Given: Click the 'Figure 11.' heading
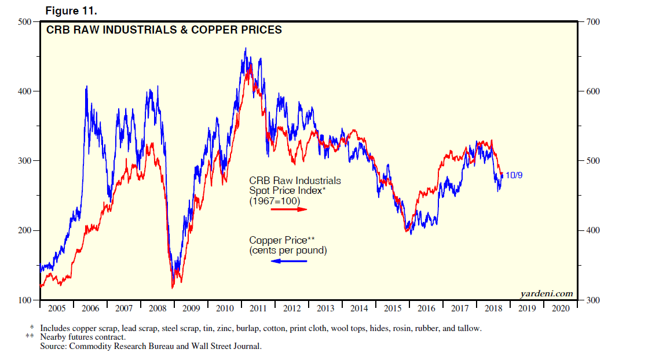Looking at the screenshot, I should pos(65,10).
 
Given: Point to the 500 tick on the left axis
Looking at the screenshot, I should pos(24,22).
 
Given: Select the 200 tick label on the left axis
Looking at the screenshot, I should pos(24,231).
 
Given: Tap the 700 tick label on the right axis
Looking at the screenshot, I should pos(592,22).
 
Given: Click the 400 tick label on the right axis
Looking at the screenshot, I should pos(592,231).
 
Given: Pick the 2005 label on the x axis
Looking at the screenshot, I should pos(56,309).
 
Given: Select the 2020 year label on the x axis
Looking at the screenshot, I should pos(560,309).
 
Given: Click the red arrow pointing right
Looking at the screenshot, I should pos(289,209).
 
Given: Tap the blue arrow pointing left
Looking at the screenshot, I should pos(289,261).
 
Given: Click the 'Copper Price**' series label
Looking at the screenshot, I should pos(282,240).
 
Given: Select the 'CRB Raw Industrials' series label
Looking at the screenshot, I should pos(295,181).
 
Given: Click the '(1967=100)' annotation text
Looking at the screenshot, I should pos(274,200).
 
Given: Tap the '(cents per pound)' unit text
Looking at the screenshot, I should pos(288,251).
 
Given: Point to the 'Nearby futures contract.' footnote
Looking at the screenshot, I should pos(83,337).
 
